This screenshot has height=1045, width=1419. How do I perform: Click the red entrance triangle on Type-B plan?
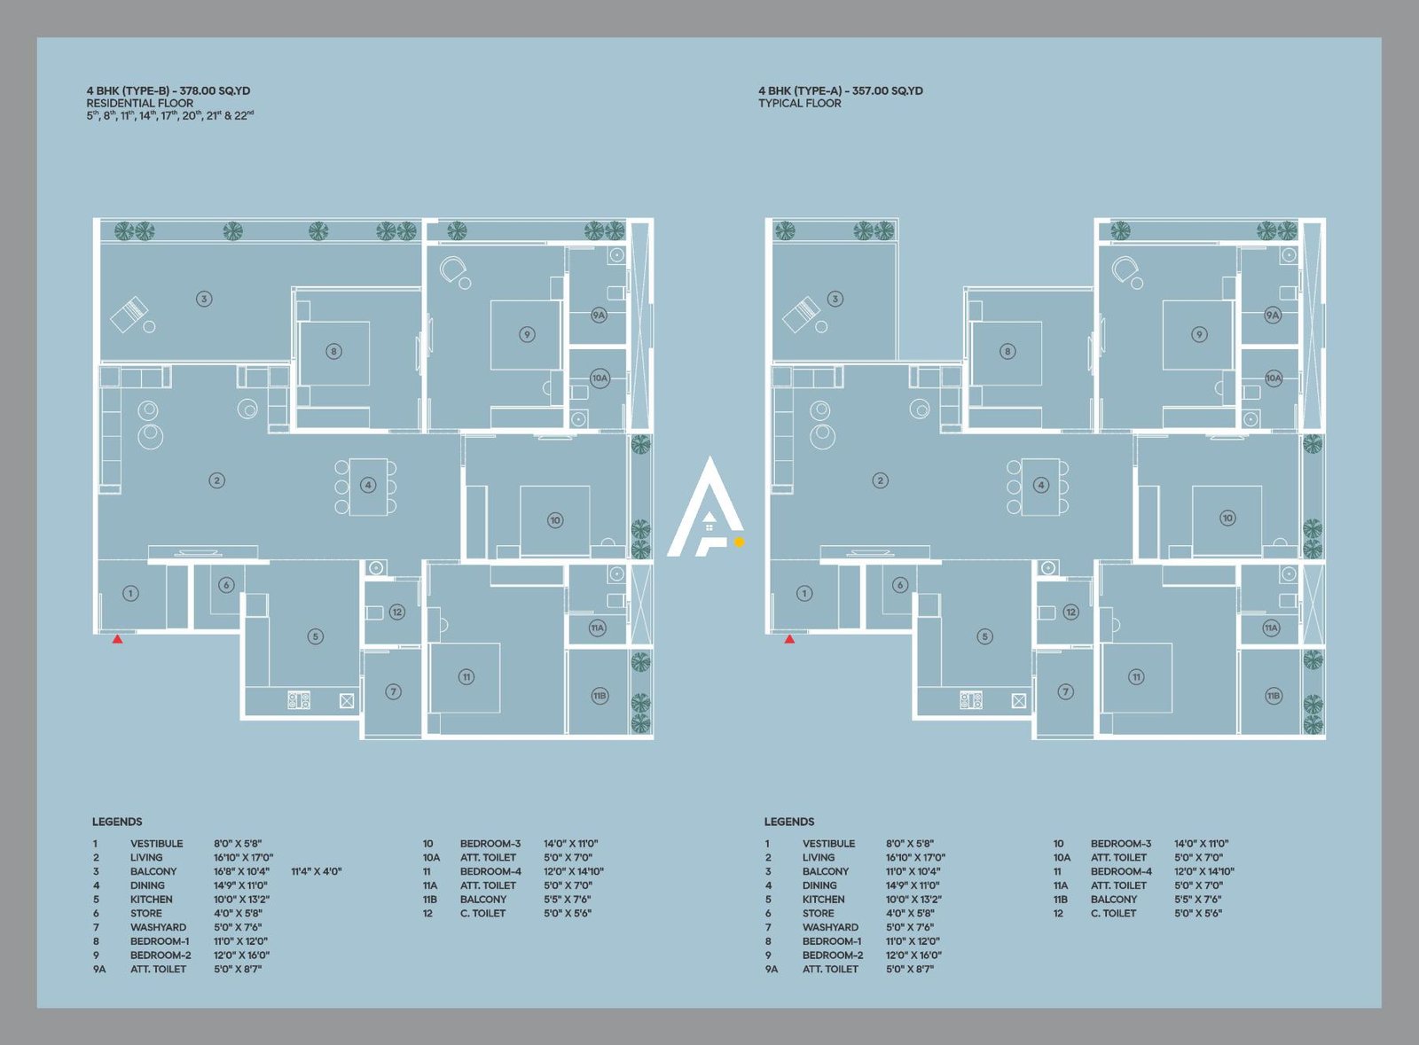(117, 638)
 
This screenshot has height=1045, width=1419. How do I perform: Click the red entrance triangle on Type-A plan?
(789, 638)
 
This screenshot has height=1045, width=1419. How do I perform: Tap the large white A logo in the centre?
(706, 509)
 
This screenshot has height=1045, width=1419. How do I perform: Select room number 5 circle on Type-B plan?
(316, 636)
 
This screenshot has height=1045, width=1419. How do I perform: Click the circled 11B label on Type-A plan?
(1274, 696)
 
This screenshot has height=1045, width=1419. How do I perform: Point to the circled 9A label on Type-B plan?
(599, 315)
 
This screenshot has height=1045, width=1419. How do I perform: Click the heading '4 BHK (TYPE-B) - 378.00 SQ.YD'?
(169, 90)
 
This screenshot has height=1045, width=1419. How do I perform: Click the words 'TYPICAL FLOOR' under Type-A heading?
(799, 104)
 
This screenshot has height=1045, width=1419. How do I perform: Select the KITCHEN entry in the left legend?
(152, 899)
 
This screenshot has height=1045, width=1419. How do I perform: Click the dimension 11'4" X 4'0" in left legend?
(316, 871)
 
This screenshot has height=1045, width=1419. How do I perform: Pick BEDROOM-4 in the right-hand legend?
(1121, 871)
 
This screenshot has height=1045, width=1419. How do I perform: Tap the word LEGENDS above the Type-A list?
(789, 822)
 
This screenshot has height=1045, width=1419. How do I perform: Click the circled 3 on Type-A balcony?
(835, 299)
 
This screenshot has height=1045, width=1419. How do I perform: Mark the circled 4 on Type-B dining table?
(368, 485)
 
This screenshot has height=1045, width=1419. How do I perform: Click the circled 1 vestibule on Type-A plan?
(804, 593)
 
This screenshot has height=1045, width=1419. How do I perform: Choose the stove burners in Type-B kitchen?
(299, 700)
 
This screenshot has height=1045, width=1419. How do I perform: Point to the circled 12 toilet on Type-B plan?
(396, 612)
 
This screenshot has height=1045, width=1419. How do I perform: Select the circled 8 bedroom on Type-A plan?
(1007, 351)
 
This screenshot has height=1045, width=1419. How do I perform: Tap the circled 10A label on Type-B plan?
(600, 378)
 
